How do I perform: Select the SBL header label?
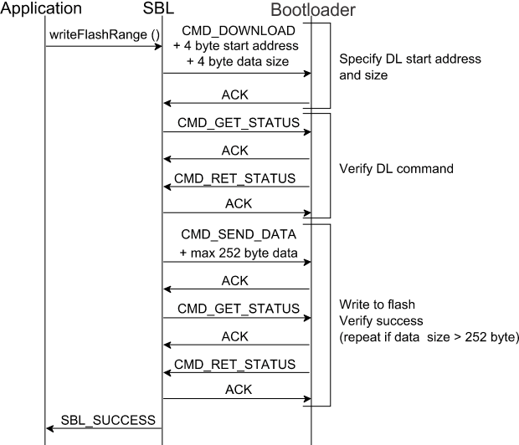coord(162,9)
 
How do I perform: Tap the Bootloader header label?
coord(312,11)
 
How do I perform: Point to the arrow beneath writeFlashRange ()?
coord(103,46)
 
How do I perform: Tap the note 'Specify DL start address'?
coord(410,59)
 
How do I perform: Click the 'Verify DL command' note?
coord(396,168)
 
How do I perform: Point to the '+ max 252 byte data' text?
coord(237,251)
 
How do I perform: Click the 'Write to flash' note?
coord(378,304)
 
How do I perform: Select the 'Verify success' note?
coord(381,320)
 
